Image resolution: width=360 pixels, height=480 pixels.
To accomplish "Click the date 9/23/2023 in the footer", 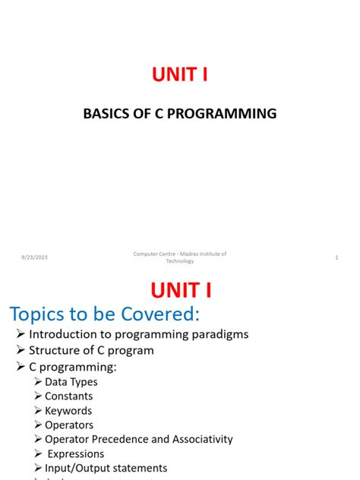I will [x=35, y=257].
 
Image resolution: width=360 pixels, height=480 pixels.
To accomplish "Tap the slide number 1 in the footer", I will [x=336, y=257].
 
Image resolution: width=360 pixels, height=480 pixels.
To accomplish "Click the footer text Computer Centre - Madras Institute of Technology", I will [x=180, y=257].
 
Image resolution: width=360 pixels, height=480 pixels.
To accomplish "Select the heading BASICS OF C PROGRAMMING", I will [x=180, y=114].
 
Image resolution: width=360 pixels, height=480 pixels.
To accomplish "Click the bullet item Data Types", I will [x=71, y=381].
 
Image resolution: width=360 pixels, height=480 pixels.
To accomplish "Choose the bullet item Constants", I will [x=69, y=396].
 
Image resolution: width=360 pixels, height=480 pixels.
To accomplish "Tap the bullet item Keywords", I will [x=68, y=410].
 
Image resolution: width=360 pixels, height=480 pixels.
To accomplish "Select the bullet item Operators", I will [x=69, y=425].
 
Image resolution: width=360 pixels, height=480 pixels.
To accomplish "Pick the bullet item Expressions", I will [x=76, y=453].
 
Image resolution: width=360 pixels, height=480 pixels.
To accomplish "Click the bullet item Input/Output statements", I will [x=106, y=468].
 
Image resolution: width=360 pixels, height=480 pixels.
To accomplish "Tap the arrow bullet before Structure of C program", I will [x=21, y=351].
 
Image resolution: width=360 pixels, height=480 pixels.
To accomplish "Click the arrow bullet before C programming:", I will [x=21, y=367].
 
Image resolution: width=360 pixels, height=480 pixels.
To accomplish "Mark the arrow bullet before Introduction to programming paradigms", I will [x=21, y=334].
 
